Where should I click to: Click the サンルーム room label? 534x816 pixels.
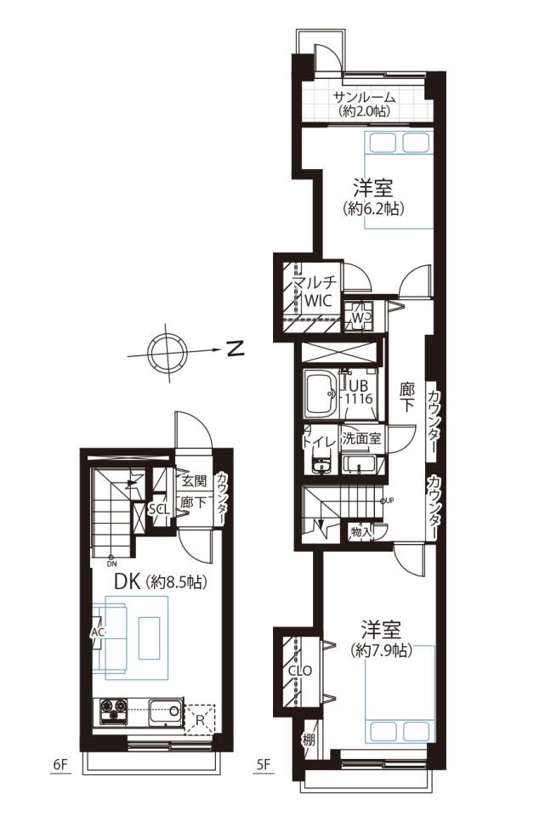364,97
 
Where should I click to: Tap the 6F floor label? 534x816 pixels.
61,764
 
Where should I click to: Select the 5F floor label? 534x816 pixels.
264,764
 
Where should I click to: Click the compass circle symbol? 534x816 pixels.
167,353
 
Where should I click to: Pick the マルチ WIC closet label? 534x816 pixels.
314,292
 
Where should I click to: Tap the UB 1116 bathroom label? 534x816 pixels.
359,392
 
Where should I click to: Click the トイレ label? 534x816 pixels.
320,441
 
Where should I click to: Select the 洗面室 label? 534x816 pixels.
361,439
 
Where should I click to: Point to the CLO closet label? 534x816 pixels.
300,671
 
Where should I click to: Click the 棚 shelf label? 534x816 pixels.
309,739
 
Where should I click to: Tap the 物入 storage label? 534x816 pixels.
361,531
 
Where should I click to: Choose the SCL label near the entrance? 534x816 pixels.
159,509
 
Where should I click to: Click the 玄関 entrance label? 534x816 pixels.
194,480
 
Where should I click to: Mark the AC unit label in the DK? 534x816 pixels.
98,632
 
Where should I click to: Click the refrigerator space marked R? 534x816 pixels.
200,720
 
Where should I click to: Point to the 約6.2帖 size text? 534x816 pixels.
373,209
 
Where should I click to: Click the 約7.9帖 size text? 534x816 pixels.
382,650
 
